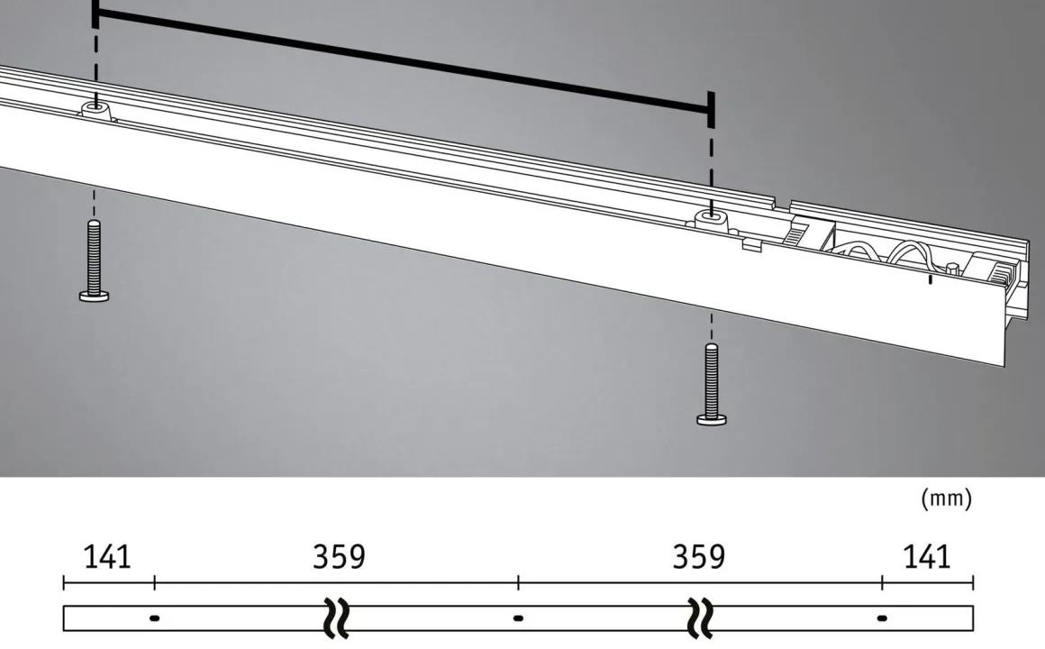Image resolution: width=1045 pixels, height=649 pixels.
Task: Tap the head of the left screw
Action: point(94,295)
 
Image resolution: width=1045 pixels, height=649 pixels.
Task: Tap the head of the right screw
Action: point(712,417)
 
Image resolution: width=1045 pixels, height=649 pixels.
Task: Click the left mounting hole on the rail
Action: point(95,107)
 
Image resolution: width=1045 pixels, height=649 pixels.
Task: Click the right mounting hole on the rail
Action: point(712,216)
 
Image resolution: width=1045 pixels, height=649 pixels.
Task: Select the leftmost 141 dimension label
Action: point(107,557)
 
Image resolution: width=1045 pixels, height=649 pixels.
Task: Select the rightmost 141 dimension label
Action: point(926,557)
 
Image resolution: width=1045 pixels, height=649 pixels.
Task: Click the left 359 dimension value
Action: point(340,557)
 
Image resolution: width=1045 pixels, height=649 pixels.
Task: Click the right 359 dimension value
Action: point(699,557)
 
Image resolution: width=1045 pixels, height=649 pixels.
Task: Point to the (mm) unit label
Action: point(946,498)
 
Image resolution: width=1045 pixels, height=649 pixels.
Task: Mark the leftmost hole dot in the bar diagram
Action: point(154,618)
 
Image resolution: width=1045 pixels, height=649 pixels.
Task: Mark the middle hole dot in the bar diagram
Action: point(518,618)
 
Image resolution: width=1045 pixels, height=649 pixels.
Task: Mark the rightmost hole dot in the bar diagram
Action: point(882,618)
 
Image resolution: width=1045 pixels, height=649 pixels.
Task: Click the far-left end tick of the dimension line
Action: point(64,582)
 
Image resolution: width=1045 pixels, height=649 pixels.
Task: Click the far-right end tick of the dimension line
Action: point(973,582)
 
